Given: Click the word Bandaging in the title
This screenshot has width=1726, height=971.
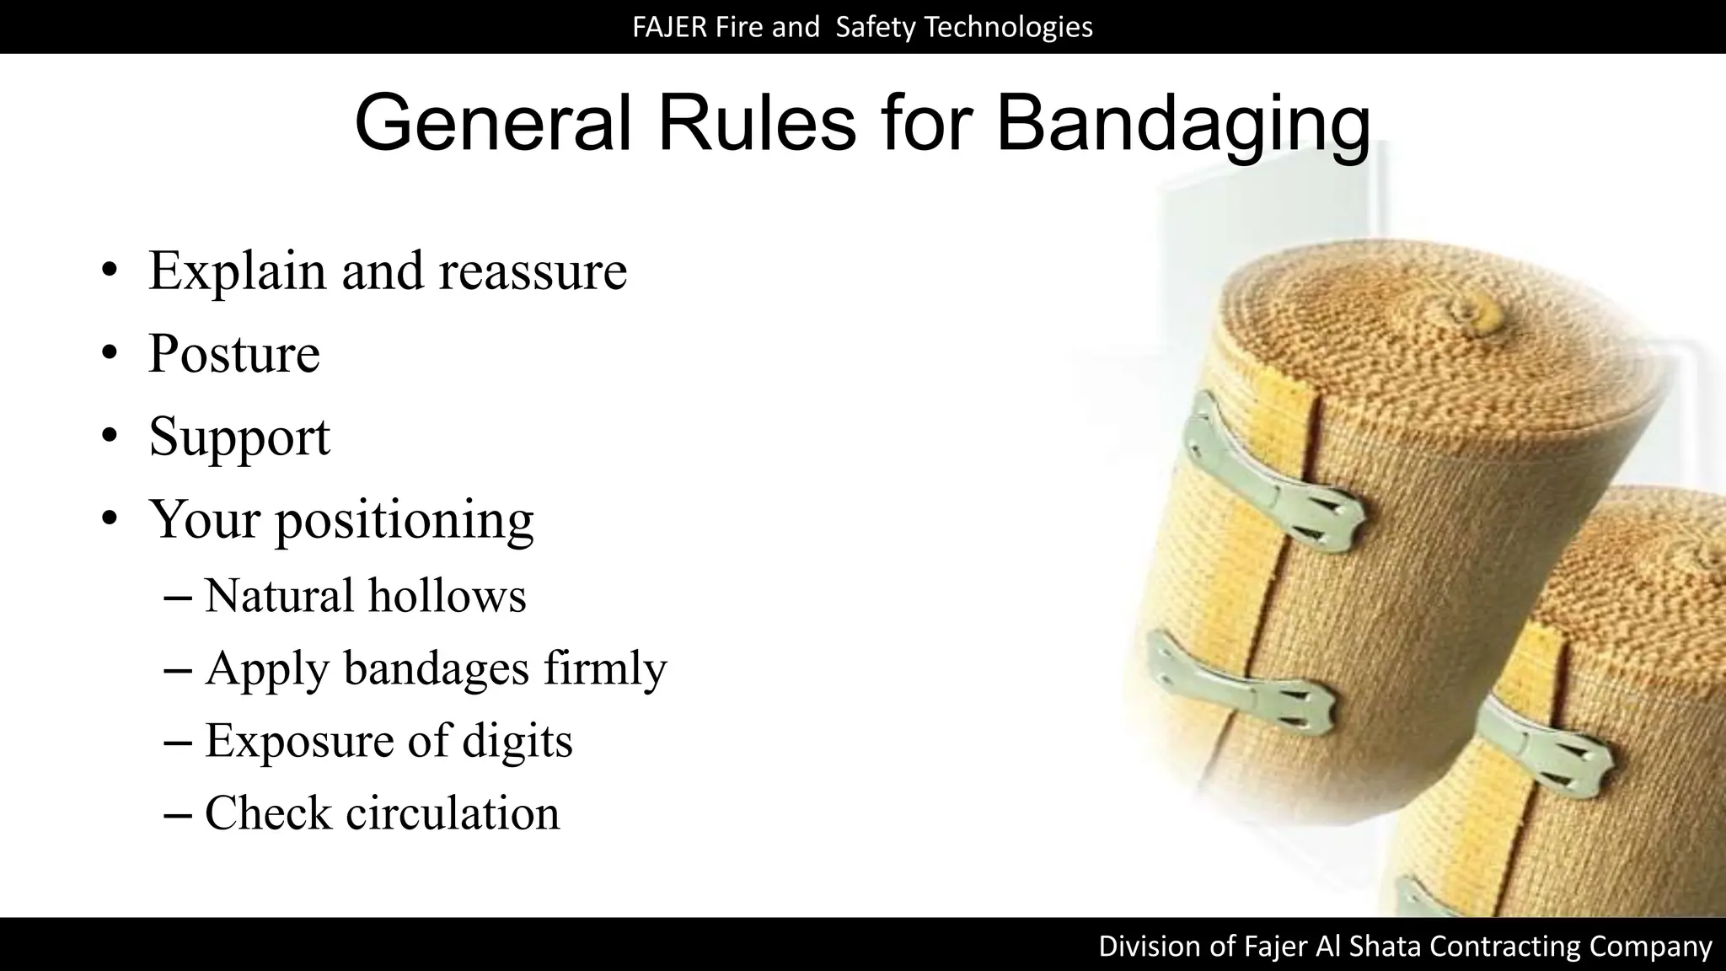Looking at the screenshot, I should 1182,125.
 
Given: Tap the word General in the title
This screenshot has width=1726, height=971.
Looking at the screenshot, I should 492,123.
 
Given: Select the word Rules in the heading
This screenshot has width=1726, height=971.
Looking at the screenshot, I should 756,123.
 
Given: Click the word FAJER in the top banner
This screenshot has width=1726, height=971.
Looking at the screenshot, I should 669,27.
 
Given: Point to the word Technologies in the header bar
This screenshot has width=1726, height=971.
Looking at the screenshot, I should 1008,27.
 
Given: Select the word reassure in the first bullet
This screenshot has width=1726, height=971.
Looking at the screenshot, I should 533,271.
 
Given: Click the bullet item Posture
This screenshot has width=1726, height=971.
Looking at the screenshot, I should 234,354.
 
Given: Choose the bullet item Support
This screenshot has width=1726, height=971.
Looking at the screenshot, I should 239,437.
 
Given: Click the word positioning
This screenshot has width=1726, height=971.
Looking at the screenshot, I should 405,520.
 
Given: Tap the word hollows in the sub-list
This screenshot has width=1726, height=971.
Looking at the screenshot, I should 447,596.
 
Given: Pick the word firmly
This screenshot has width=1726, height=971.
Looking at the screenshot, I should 604,668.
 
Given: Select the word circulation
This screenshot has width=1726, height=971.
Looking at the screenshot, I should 453,813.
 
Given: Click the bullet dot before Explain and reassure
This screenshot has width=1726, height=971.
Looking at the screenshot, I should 109,271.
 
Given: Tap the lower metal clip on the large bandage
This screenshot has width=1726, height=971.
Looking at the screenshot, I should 1242,687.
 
